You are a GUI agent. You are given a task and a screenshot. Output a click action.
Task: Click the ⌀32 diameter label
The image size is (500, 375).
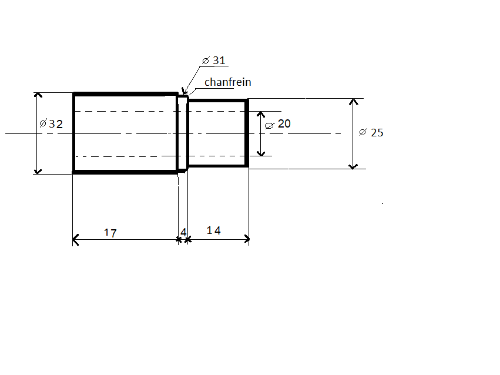point(51,123)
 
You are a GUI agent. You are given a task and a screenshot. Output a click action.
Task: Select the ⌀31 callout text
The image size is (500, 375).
point(214,61)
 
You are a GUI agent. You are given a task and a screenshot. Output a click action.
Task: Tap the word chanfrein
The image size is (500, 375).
point(228,82)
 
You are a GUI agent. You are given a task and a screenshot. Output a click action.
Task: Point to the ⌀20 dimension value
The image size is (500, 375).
point(278,123)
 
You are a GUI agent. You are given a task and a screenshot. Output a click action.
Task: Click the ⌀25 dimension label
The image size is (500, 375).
point(371,132)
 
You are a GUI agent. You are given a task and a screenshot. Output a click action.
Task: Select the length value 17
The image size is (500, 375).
point(110,233)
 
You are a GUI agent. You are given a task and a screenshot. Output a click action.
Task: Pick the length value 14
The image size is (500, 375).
point(214,230)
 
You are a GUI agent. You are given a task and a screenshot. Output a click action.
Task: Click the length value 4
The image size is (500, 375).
point(183,232)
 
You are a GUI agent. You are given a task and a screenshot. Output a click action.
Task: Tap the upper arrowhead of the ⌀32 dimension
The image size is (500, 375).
point(38,95)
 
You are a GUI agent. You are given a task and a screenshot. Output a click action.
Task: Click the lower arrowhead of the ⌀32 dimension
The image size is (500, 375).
point(38,172)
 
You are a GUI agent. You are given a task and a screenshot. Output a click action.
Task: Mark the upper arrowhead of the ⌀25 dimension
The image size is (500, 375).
point(353,102)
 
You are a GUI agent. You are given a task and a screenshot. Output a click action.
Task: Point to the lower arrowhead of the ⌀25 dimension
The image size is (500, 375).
point(353,166)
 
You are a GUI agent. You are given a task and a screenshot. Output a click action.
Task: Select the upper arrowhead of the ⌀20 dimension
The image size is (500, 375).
point(261,114)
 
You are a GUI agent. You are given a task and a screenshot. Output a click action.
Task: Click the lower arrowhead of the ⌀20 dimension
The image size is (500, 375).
point(261,153)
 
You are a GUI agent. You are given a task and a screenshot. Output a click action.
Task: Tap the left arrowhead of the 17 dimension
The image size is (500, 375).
point(75,239)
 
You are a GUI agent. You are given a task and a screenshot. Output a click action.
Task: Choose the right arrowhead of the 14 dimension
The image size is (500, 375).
point(247,239)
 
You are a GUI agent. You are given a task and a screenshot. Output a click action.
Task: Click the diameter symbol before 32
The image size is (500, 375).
point(43,123)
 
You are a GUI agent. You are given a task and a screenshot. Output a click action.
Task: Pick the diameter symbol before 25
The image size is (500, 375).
point(363,132)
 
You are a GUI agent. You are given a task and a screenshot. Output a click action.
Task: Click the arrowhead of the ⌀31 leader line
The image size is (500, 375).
point(183,91)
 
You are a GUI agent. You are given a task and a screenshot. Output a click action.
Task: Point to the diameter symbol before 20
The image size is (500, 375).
point(269,126)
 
